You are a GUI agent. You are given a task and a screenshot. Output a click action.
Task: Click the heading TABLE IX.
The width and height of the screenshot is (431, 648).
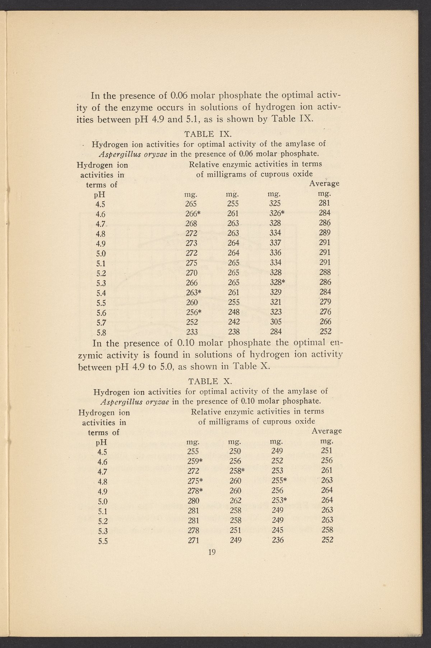click(x=207, y=134)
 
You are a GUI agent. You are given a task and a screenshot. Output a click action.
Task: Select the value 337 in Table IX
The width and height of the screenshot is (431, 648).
click(x=275, y=242)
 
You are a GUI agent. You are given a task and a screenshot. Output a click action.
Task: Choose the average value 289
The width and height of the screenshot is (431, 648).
click(x=325, y=233)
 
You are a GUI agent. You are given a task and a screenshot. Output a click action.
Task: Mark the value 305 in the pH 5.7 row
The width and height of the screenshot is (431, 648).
click(x=275, y=322)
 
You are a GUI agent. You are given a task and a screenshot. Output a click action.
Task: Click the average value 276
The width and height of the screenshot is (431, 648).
click(x=325, y=312)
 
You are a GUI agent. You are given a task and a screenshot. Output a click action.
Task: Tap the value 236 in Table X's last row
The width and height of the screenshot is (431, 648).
click(x=278, y=539)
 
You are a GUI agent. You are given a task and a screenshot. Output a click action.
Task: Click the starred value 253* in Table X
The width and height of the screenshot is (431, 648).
click(x=279, y=500)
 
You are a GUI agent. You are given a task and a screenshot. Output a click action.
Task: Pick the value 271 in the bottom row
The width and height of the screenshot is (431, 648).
click(x=193, y=539)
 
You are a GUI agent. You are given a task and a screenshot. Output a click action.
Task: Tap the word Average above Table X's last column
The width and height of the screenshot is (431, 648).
click(x=326, y=431)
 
